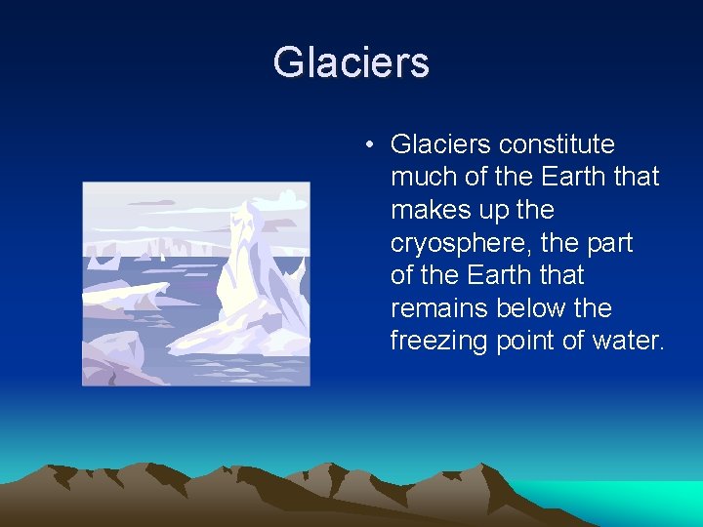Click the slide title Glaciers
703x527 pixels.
(x=351, y=62)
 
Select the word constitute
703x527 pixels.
(x=557, y=144)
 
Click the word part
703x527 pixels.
(x=606, y=243)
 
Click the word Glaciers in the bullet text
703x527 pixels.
(x=440, y=144)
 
